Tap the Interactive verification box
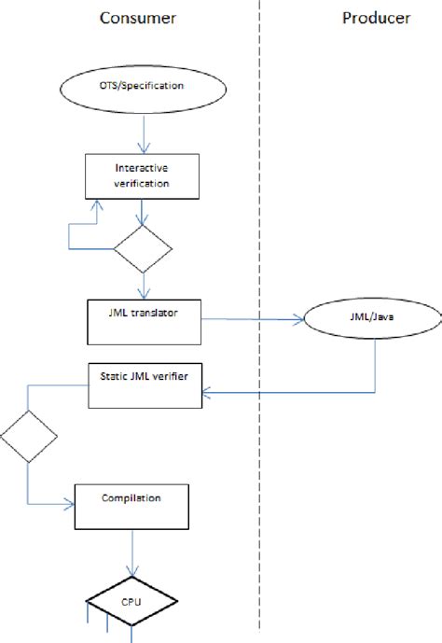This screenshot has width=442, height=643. pyautogui.click(x=143, y=175)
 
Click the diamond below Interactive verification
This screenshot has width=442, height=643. pyautogui.click(x=143, y=248)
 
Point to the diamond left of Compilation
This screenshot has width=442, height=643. pyautogui.click(x=29, y=436)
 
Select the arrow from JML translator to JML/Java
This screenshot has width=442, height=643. pyautogui.click(x=252, y=320)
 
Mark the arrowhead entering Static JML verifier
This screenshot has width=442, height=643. pyautogui.click(x=209, y=393)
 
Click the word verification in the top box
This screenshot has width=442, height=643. pyautogui.click(x=143, y=184)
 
